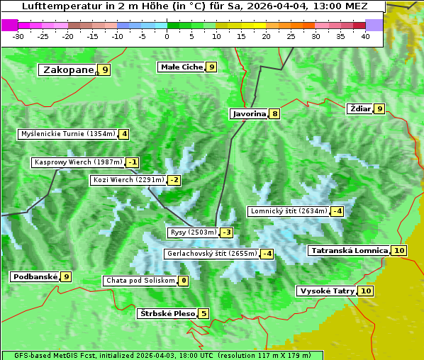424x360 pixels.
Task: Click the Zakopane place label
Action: [x=68, y=69]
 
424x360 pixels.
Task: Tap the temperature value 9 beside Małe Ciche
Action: [x=211, y=67]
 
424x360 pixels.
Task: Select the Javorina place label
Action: [x=249, y=113]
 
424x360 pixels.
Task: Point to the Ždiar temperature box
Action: [x=380, y=108]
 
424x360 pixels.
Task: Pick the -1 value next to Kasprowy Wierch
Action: [x=133, y=162]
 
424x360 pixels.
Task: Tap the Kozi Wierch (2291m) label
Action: [x=128, y=180]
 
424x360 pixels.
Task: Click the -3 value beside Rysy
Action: [x=226, y=232]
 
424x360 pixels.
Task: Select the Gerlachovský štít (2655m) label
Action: [x=211, y=254]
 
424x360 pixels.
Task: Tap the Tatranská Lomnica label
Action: [x=349, y=250]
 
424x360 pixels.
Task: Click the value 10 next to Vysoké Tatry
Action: [x=366, y=291]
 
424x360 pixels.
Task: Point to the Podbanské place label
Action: [x=34, y=276]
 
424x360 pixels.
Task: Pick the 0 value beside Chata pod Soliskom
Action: [x=183, y=281]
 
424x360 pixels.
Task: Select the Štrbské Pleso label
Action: [x=166, y=313]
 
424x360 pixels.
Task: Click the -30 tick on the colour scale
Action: [x=19, y=36]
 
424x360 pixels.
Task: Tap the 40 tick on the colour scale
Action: [x=366, y=36]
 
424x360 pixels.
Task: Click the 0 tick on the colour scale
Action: [x=167, y=36]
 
